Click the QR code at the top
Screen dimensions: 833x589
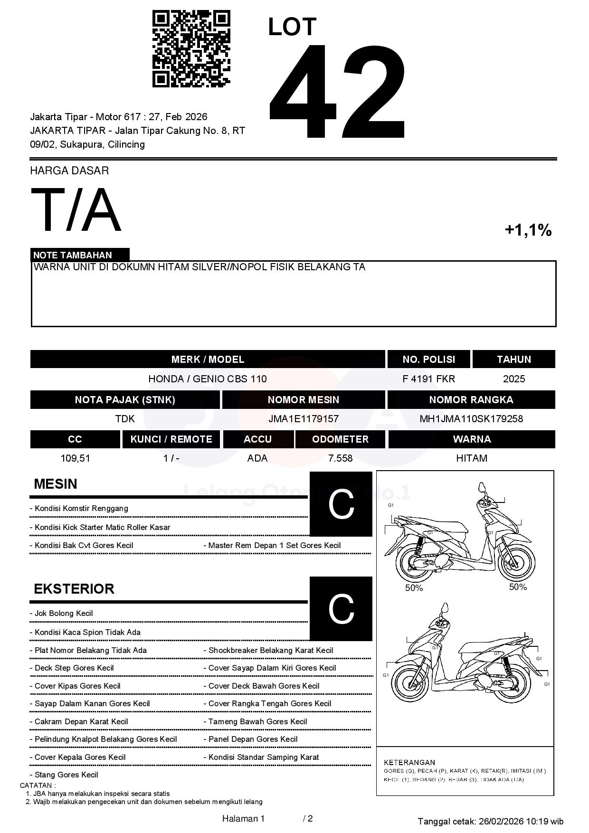click(x=191, y=49)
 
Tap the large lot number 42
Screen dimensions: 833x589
click(x=338, y=92)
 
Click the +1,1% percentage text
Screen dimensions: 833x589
click(x=528, y=230)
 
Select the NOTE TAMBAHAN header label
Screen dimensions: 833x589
click(x=73, y=255)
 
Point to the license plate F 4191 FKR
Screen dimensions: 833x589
click(x=428, y=379)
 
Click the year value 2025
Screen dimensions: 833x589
click(x=514, y=379)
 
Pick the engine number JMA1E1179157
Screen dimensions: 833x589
click(x=304, y=419)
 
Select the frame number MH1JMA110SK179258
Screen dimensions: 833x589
click(x=471, y=419)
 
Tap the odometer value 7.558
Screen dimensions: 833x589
click(x=340, y=458)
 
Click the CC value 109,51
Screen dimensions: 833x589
click(x=75, y=458)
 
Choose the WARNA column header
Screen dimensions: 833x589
click(x=472, y=439)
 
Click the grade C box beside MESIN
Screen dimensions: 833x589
click(x=341, y=504)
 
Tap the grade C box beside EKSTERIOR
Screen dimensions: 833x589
click(x=341, y=608)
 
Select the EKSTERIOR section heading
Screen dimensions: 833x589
click(x=74, y=589)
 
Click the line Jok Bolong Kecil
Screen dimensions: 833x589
click(x=64, y=614)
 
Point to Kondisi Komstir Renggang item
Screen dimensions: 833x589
click(x=81, y=509)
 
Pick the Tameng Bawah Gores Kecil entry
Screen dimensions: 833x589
click(x=257, y=722)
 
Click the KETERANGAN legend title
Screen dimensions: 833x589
click(x=409, y=762)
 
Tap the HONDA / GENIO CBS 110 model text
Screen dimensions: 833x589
click(x=208, y=379)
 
